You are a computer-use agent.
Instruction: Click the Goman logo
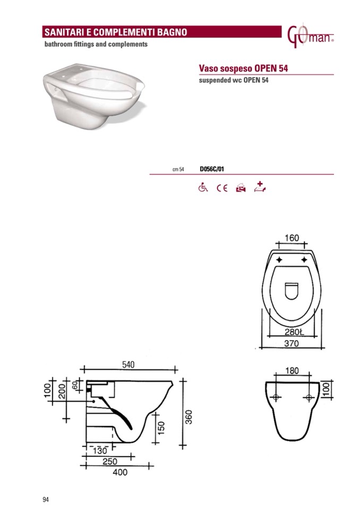pos(310,37)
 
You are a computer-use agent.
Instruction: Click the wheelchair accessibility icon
pos(203,187)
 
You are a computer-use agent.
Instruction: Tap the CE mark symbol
pos(222,188)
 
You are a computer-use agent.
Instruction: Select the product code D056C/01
pos(212,169)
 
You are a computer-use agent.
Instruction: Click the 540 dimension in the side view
pos(128,365)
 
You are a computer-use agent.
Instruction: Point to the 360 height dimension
pos(188,417)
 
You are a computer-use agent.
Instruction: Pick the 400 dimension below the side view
pos(120,472)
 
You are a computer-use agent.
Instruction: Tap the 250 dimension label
pos(110,461)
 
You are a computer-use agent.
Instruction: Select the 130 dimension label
pos(100,451)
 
